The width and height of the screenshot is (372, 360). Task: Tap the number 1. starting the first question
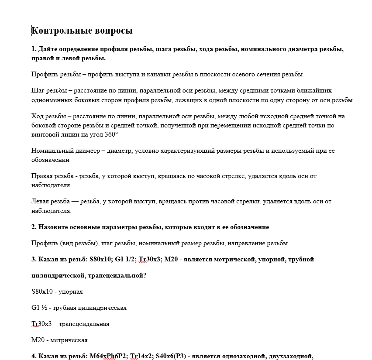point(34,49)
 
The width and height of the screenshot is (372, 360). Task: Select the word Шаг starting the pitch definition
point(38,91)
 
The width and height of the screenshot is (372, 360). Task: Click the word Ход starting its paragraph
point(38,116)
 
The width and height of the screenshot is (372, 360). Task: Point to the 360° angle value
point(111,134)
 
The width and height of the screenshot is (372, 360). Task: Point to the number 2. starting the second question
point(34,227)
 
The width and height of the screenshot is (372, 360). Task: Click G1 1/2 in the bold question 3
point(125,259)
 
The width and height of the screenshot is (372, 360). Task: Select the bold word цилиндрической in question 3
point(58,275)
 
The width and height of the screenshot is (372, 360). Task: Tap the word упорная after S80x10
point(70,291)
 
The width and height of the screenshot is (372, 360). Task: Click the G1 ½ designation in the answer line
point(39,308)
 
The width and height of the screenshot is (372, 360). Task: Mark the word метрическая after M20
point(71,340)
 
